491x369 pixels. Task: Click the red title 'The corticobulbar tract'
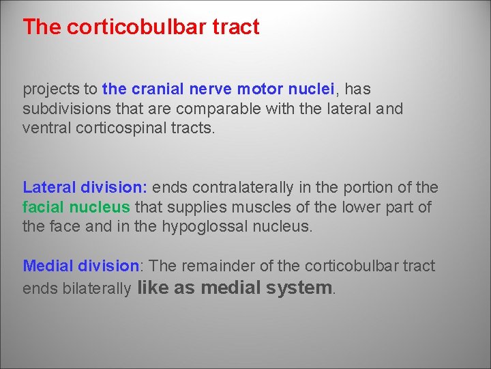coord(141,27)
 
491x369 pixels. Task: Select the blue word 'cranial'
coord(159,89)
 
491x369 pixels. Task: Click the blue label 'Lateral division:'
coord(85,187)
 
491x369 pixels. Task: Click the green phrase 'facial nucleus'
coord(76,207)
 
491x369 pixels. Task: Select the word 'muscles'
coord(246,207)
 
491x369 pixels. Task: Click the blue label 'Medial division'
coord(80,266)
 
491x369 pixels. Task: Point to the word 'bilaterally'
coord(98,289)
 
